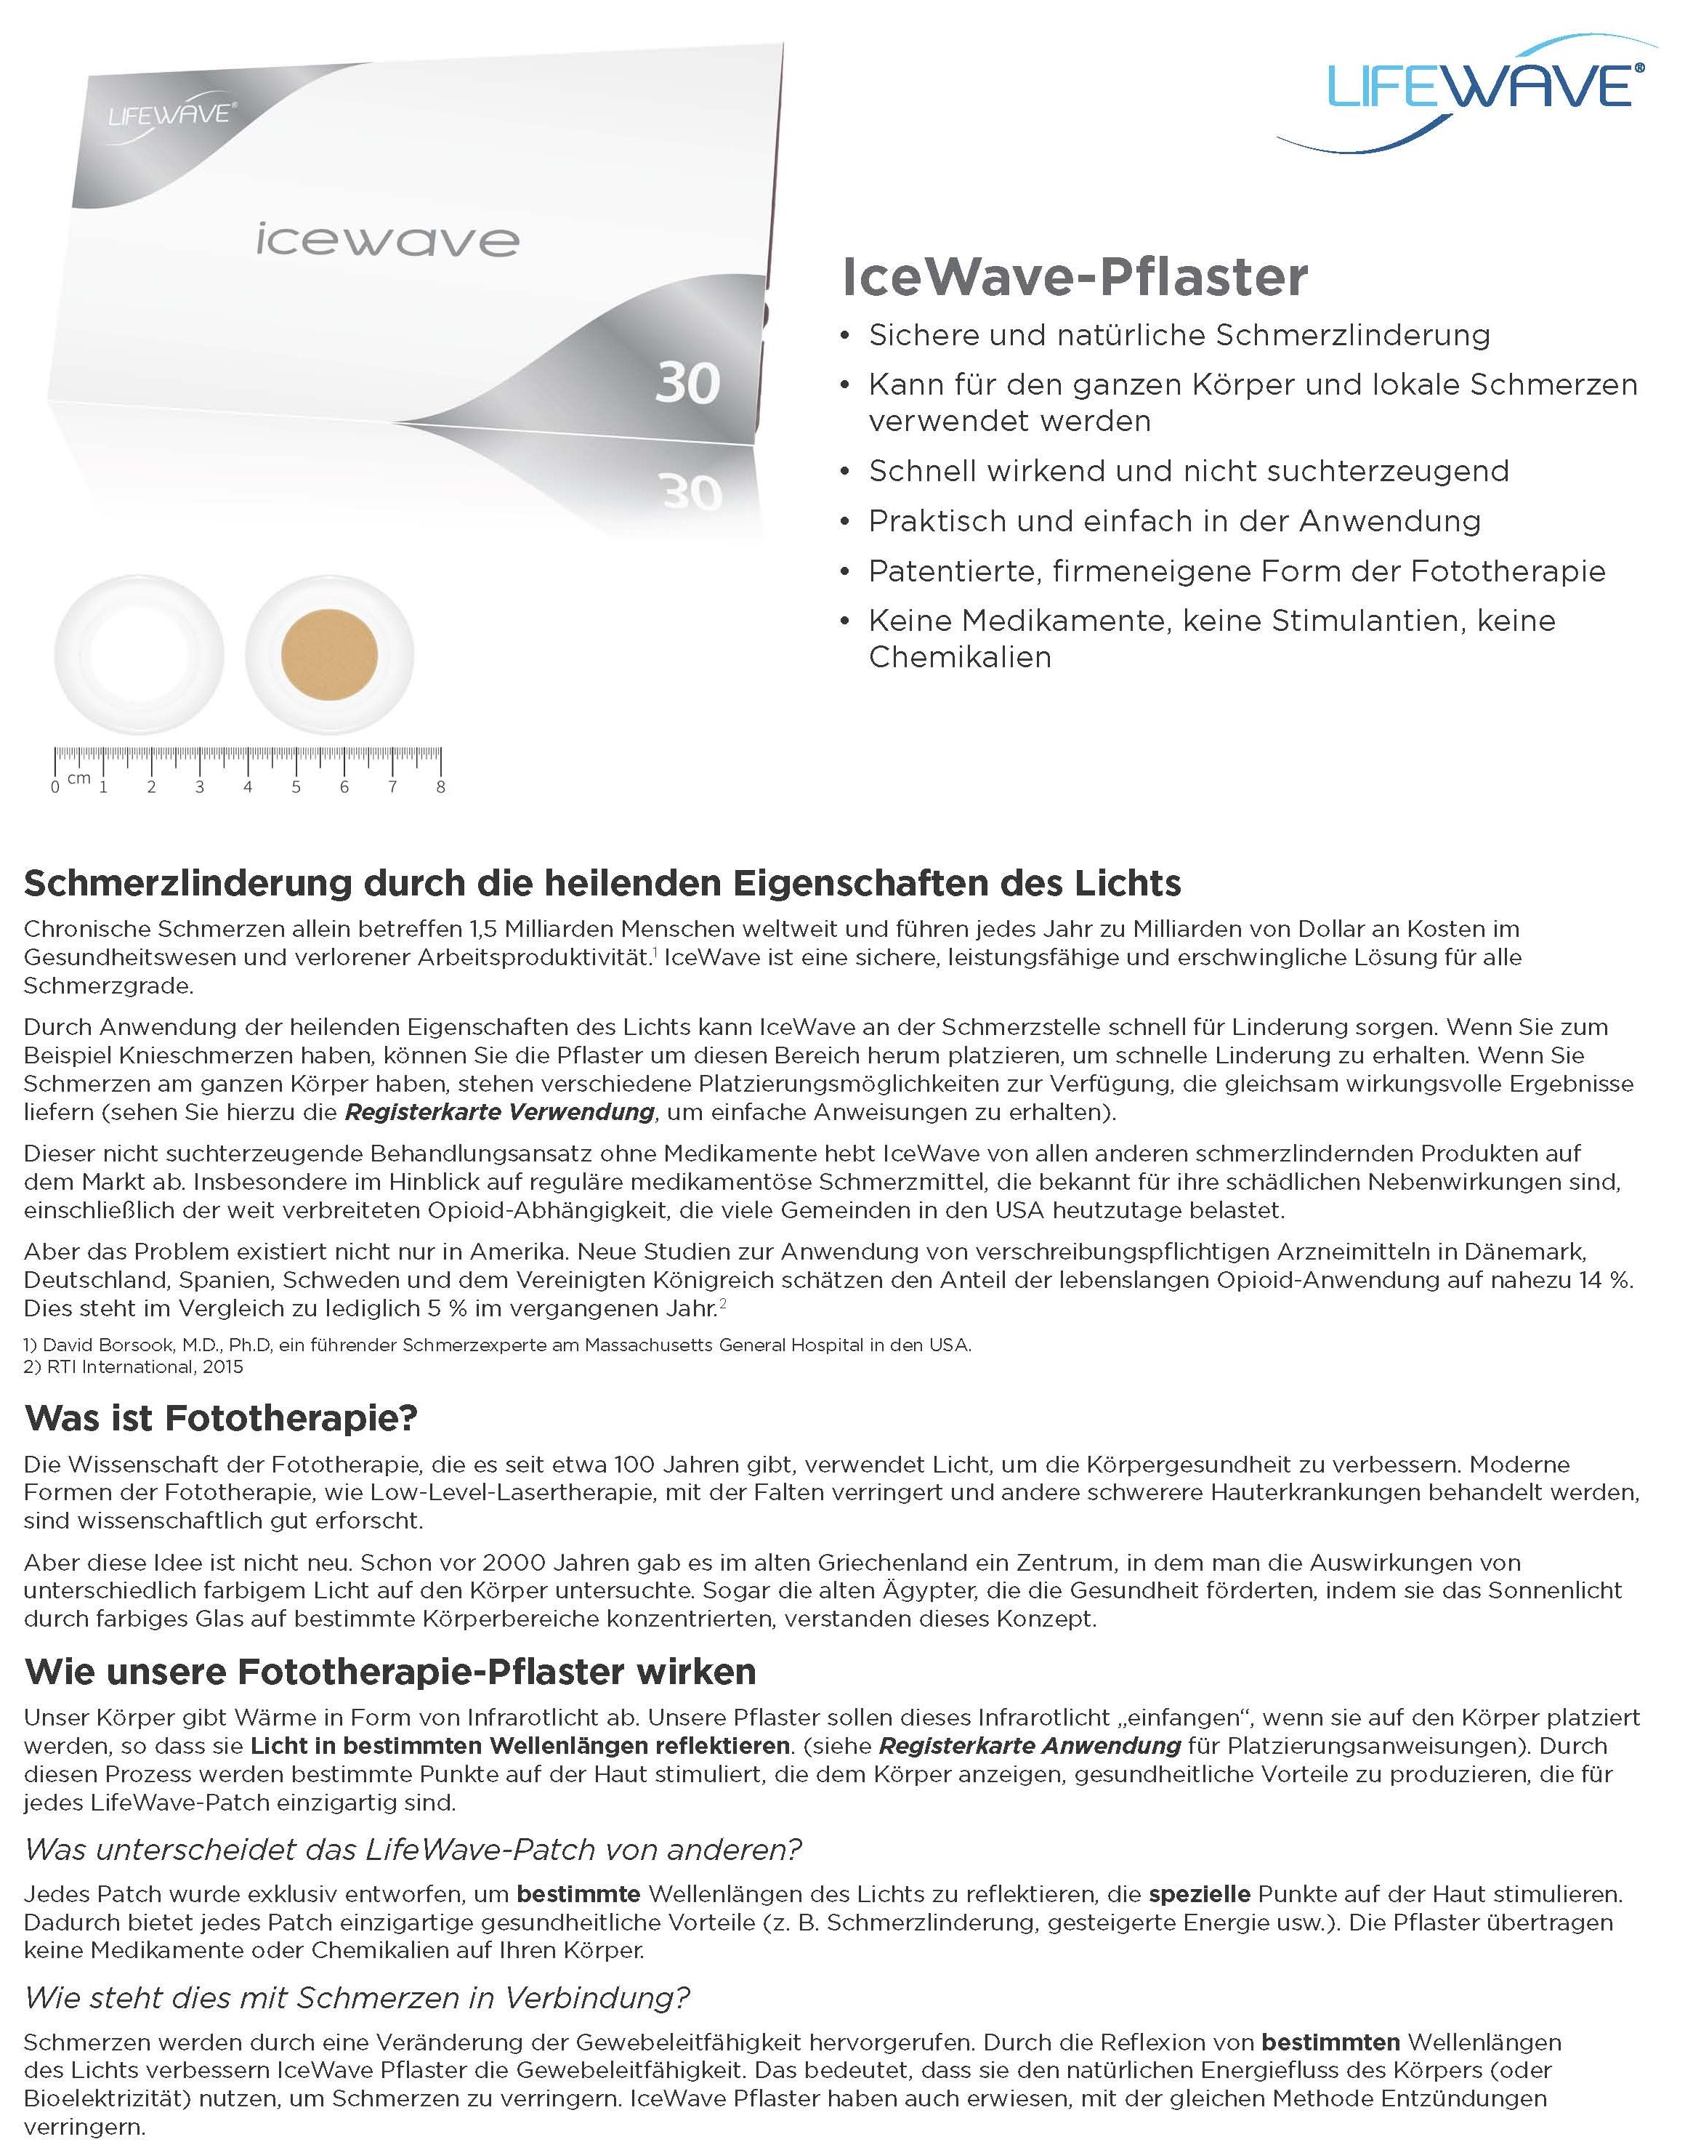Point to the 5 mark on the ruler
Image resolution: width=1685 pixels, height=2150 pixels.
[x=296, y=786]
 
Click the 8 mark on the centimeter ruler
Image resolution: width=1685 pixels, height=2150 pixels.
[x=440, y=786]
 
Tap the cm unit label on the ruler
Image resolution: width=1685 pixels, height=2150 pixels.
[x=79, y=778]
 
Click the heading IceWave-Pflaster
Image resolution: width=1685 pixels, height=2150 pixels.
[x=1075, y=277]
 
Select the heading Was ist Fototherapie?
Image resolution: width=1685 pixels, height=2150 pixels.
[x=221, y=1418]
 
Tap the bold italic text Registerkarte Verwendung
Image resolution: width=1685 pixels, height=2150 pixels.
[x=499, y=1112]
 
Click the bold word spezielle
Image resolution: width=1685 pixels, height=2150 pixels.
[x=1200, y=1894]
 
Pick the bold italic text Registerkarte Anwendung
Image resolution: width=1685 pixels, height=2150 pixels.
[x=1029, y=1745]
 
